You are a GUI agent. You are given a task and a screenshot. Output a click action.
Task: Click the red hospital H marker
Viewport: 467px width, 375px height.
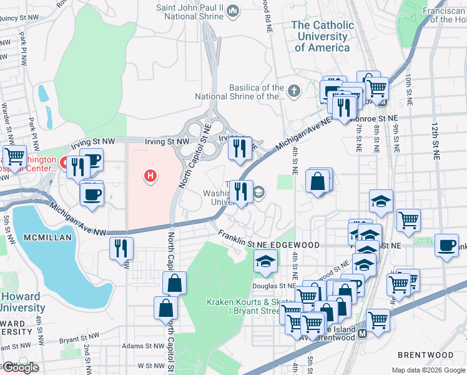point(150,177)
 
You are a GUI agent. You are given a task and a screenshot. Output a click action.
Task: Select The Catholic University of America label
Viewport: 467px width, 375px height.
point(323,36)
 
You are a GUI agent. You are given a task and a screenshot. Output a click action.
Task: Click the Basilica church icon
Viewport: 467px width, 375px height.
point(294,92)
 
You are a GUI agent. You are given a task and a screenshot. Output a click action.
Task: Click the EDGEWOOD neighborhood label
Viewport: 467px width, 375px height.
point(298,245)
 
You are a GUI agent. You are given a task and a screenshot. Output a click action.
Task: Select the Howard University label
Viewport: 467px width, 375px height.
point(21,302)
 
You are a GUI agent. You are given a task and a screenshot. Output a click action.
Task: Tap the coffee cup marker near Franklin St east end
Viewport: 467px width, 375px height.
point(447,244)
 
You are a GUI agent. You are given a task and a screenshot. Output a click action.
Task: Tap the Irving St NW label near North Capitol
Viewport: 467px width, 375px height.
point(167,142)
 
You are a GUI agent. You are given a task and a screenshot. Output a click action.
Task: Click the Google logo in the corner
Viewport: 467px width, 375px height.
point(20,368)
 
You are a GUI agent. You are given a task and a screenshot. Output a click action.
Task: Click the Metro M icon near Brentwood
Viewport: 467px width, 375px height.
point(361,334)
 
